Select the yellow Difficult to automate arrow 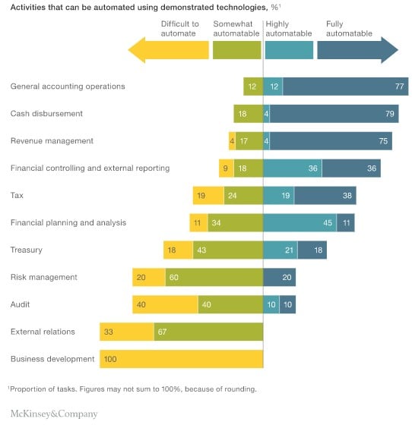point(169,50)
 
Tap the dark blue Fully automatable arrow point(357,50)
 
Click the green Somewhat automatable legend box point(236,50)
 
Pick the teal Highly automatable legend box point(289,50)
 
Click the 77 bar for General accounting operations point(345,87)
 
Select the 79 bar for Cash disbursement point(334,114)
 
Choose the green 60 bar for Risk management point(214,277)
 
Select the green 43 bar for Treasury point(227,250)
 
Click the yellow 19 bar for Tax point(208,195)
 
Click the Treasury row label point(26,250)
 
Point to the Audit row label point(21,304)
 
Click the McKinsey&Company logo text point(54,414)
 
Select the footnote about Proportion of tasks point(133,389)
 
